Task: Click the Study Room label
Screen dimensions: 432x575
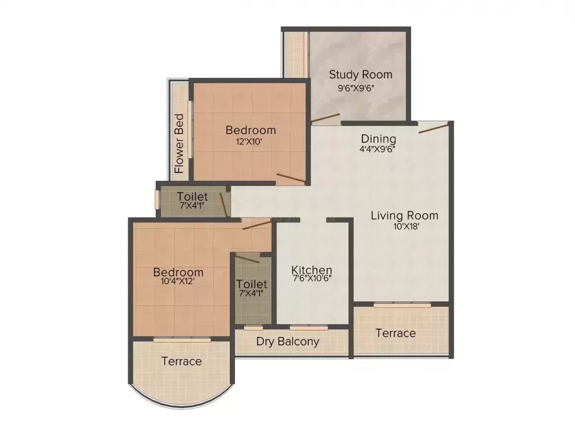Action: click(360, 75)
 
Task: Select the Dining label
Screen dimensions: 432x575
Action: click(378, 139)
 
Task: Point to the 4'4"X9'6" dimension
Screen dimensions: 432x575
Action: click(377, 148)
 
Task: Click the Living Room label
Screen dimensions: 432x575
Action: click(404, 216)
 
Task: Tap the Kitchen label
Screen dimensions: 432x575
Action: click(311, 270)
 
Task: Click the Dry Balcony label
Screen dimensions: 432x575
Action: click(287, 342)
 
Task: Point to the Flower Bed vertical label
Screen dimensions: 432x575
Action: click(179, 144)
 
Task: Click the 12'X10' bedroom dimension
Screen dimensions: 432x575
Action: click(250, 142)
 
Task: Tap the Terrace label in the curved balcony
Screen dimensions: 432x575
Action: click(181, 361)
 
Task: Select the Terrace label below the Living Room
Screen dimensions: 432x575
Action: click(395, 333)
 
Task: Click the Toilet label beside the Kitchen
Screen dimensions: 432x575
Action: click(252, 285)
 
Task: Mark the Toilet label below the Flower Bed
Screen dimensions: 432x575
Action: click(192, 197)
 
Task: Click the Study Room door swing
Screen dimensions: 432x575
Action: click(325, 118)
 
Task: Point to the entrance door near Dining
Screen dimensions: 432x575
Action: click(434, 128)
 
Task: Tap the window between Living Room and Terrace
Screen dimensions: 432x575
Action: click(402, 304)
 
